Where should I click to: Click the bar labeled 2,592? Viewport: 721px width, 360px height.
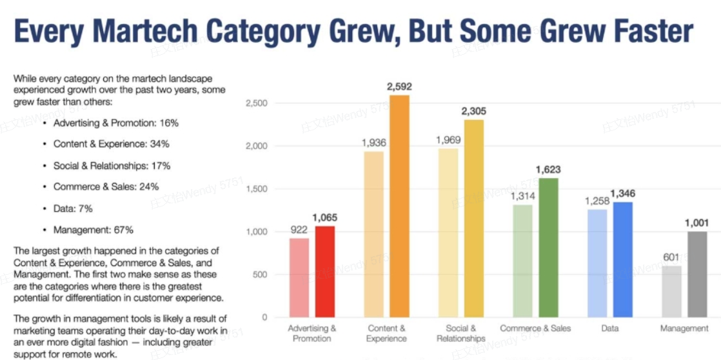click(399, 206)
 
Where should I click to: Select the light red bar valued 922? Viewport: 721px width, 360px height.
click(299, 278)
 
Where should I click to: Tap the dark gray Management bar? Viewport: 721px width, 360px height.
click(697, 274)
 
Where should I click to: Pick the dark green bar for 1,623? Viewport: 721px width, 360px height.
click(548, 248)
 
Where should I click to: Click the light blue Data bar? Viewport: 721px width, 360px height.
click(597, 263)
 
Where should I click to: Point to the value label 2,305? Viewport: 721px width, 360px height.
click(474, 111)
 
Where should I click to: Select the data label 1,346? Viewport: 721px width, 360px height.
click(623, 194)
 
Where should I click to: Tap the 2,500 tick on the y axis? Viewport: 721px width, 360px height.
click(258, 103)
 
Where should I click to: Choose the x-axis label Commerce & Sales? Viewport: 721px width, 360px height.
click(535, 328)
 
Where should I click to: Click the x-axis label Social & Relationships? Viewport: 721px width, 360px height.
click(460, 333)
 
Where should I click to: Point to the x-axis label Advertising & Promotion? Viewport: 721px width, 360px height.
click(311, 333)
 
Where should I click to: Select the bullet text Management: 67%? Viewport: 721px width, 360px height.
click(94, 230)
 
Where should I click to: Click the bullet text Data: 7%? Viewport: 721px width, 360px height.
click(73, 208)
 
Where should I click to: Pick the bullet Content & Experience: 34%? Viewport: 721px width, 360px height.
click(112, 144)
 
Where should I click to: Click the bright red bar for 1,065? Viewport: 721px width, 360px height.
click(324, 272)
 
